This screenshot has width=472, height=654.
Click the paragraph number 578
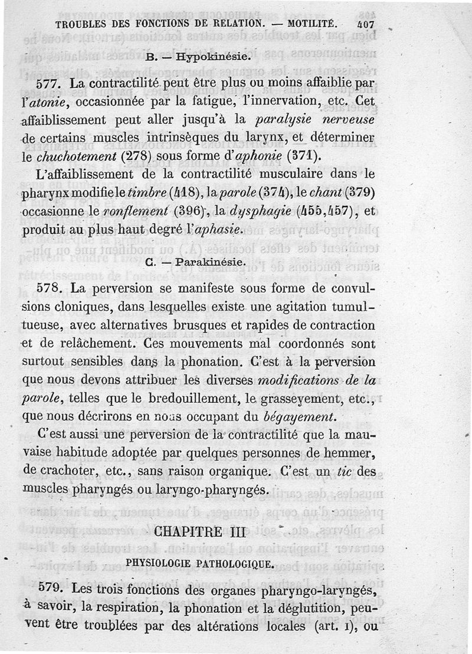tap(49, 290)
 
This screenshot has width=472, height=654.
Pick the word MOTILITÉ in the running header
tap(313, 24)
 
